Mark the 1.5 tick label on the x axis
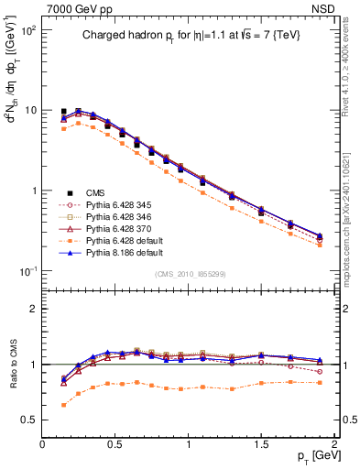pyautogui.click(x=262, y=443)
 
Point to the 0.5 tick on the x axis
pyautogui.click(x=115, y=443)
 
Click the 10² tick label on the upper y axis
pyautogui.click(x=27, y=30)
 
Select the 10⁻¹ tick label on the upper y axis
pyautogui.click(x=27, y=272)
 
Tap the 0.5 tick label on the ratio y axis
pyautogui.click(x=28, y=420)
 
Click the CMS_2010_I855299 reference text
pyautogui.click(x=188, y=274)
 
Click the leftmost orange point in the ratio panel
pyautogui.click(x=63, y=405)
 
